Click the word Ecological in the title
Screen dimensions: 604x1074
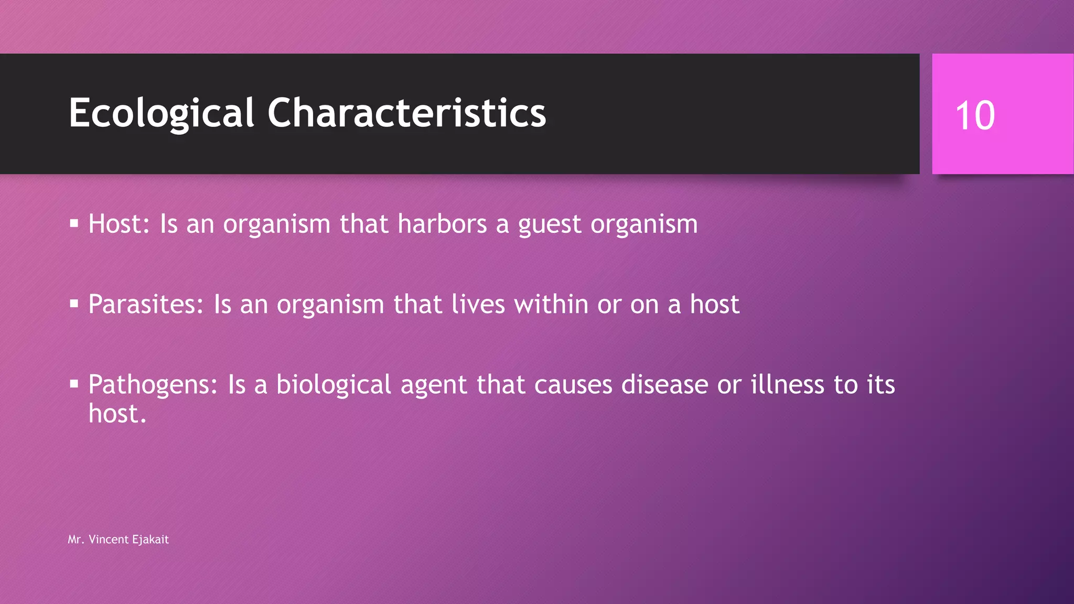click(162, 113)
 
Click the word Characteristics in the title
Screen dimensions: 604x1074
click(406, 113)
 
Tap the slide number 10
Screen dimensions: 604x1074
click(975, 115)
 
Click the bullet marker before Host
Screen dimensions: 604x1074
click(74, 224)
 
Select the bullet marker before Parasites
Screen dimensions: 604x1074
click(74, 304)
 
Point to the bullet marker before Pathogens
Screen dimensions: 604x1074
click(74, 384)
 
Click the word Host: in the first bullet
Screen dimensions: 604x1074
click(119, 224)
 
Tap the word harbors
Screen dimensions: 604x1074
click(442, 224)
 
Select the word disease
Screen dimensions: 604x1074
click(664, 385)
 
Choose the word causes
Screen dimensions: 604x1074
click(573, 385)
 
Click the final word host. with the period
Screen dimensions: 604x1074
click(117, 414)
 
